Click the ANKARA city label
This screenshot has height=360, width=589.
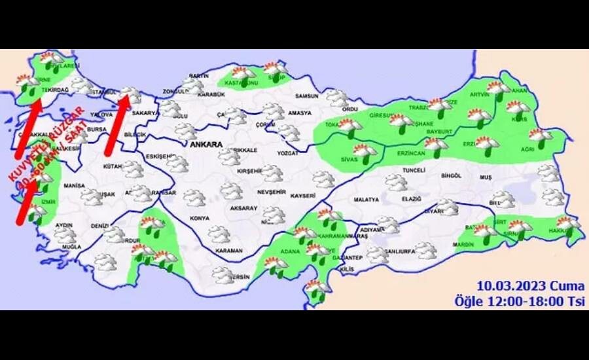point(206,145)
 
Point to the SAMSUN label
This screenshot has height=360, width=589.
point(306,96)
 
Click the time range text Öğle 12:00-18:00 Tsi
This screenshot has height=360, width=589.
point(520,300)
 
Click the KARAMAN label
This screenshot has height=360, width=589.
point(229,250)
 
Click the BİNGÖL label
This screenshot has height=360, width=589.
point(452,176)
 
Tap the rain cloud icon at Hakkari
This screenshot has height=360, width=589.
point(567,226)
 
